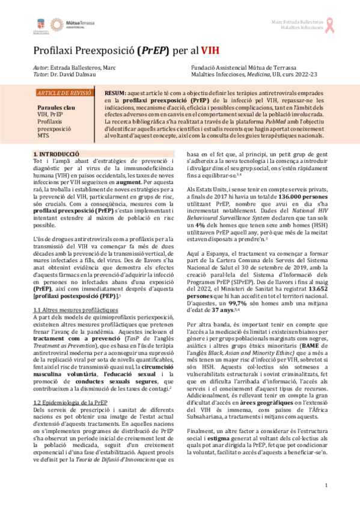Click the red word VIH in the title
click(212, 51)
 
